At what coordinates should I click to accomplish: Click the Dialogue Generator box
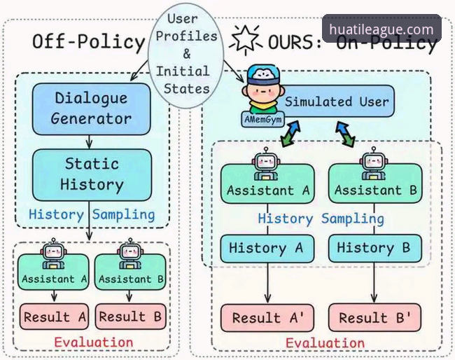point(92,109)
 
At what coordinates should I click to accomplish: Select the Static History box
point(92,175)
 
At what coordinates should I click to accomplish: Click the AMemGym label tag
point(263,119)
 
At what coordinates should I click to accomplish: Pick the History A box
point(267,249)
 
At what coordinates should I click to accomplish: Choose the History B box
point(375,249)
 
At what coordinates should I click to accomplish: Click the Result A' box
point(267,317)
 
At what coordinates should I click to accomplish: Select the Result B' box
point(375,317)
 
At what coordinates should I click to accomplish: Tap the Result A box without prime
point(54,317)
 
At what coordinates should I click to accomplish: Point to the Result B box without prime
point(131,317)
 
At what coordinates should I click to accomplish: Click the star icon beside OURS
point(246,39)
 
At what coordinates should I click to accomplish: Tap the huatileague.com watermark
point(381,29)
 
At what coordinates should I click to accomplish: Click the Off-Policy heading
point(88,41)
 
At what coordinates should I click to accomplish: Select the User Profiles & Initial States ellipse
point(186,55)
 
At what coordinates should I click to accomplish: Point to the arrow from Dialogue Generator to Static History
point(89,142)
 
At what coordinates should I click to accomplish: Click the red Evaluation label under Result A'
point(325,343)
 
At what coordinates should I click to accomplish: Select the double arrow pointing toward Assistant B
point(345,134)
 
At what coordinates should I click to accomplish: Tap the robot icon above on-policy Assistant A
point(266,163)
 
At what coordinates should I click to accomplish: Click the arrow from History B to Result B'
point(374,283)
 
